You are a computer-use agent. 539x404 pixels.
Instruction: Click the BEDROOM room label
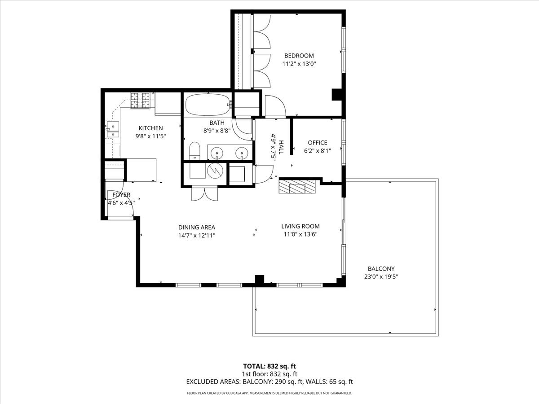pos(299,56)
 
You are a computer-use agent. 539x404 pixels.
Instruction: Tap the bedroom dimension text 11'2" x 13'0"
pos(299,64)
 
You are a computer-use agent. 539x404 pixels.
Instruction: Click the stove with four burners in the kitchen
pos(140,101)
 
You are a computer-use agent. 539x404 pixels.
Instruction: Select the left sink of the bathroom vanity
pos(217,153)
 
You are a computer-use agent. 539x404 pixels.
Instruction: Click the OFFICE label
pos(317,143)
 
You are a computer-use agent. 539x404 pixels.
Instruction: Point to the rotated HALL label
pos(281,147)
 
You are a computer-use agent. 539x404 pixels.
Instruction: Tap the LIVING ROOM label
pos(300,226)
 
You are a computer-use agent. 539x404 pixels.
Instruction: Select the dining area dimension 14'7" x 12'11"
pos(197,235)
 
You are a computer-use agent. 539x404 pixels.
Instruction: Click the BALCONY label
pos(382,268)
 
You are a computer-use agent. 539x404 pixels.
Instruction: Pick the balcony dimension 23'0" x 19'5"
pos(382,277)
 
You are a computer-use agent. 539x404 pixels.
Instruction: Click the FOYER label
pos(121,195)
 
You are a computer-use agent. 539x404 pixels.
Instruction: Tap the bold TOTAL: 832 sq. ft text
pos(269,366)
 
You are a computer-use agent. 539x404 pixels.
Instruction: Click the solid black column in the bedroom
pos(337,95)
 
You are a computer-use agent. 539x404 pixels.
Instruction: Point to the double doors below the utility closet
pos(204,194)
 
